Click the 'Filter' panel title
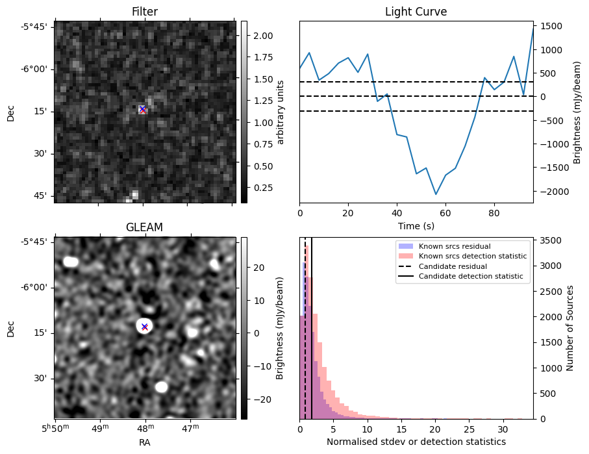[x=144, y=12]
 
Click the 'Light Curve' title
[x=416, y=12]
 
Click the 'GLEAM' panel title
[x=144, y=227]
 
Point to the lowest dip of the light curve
[x=436, y=194]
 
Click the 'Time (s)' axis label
[x=416, y=226]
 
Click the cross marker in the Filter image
[x=142, y=109]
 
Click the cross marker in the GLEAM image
[x=144, y=327]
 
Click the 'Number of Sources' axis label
[x=570, y=328]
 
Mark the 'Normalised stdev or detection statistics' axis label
[x=416, y=442]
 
